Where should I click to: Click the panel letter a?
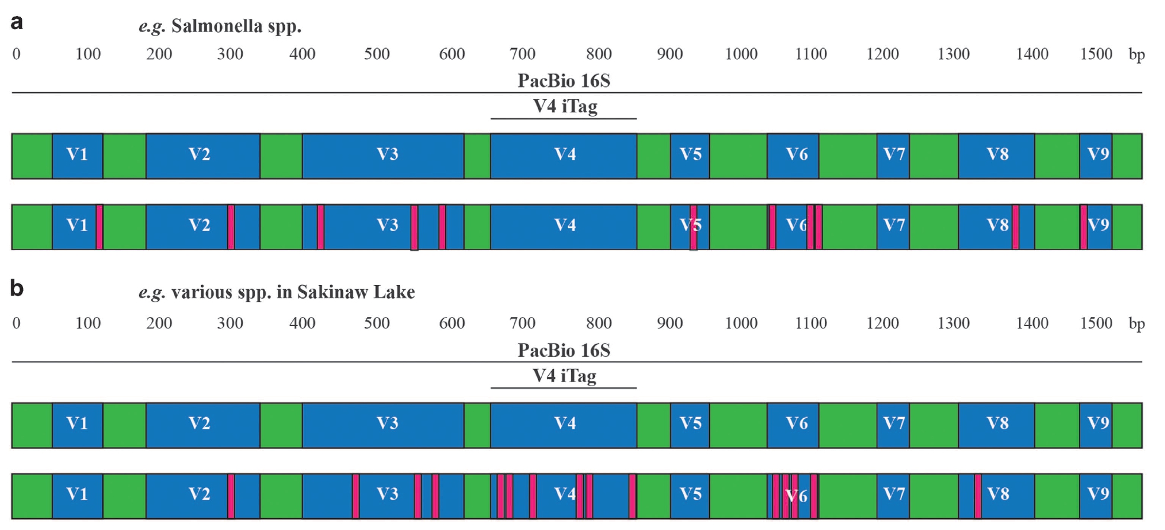click(x=17, y=22)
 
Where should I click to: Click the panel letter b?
click(x=17, y=289)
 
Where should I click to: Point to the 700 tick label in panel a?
click(x=522, y=54)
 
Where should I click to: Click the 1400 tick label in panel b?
click(x=1032, y=324)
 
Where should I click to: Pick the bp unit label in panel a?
click(x=1137, y=55)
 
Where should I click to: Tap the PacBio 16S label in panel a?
click(x=564, y=81)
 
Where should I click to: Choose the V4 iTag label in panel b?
click(x=564, y=376)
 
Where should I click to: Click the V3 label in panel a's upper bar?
click(x=387, y=155)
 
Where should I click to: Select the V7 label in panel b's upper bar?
click(x=893, y=424)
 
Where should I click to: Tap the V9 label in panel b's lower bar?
click(x=1098, y=495)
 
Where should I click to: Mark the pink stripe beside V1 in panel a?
click(x=99, y=227)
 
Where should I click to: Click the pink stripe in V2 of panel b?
click(x=231, y=496)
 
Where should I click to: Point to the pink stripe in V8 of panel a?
click(x=1015, y=227)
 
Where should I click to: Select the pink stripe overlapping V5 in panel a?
click(x=693, y=227)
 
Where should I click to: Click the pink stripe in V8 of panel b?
click(x=978, y=496)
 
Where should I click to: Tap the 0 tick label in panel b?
click(x=17, y=324)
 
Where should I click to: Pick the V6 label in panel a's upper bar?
click(x=797, y=155)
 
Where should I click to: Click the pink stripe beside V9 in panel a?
click(x=1083, y=227)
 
